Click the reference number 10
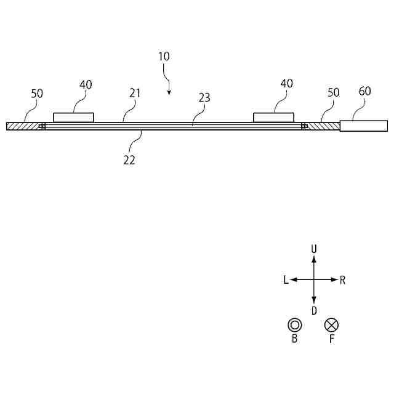pyautogui.click(x=164, y=56)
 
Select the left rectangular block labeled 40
pyautogui.click(x=73, y=117)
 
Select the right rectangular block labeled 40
pyautogui.click(x=274, y=117)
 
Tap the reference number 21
pyautogui.click(x=135, y=93)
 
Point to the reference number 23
pyautogui.click(x=204, y=97)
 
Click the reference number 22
pyautogui.click(x=129, y=160)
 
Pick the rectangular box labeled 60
pyautogui.click(x=363, y=126)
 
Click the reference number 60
pyautogui.click(x=364, y=91)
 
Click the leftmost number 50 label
pyautogui.click(x=37, y=94)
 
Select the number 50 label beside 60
pyautogui.click(x=334, y=92)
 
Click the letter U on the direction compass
pyautogui.click(x=314, y=249)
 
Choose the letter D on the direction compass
pyautogui.click(x=314, y=311)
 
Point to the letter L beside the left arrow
pyautogui.click(x=286, y=280)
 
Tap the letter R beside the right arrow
pyautogui.click(x=342, y=280)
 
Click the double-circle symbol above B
pyautogui.click(x=295, y=324)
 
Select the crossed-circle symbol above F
pyautogui.click(x=332, y=324)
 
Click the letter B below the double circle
pyautogui.click(x=295, y=339)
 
